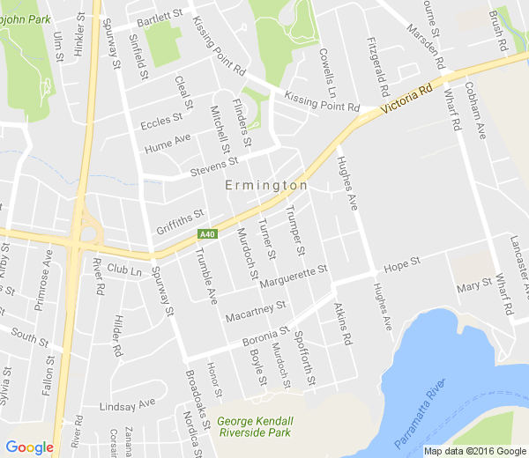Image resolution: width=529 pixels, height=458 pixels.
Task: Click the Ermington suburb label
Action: pos(266,186)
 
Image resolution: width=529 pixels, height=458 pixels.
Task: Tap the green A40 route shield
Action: pos(207,234)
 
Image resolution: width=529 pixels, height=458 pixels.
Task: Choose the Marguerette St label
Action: pos(294,276)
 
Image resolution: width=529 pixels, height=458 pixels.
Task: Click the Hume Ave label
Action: pos(168,141)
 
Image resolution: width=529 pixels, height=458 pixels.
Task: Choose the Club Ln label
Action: pos(124,269)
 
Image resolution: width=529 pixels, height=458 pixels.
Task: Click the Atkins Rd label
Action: pos(342,324)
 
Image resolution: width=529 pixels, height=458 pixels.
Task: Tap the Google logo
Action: pos(29,447)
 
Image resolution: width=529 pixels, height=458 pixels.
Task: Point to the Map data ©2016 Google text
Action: pos(473,451)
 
